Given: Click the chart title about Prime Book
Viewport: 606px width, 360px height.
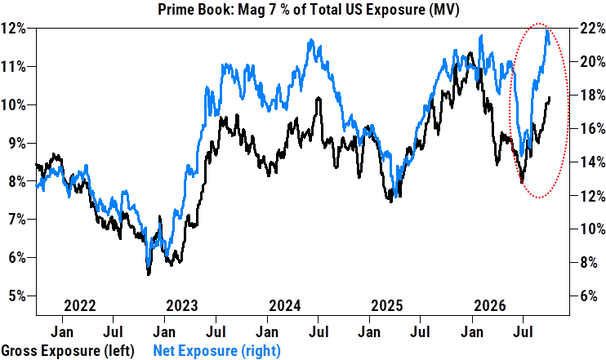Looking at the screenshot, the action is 309,9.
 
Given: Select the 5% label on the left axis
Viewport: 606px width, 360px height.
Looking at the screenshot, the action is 16,296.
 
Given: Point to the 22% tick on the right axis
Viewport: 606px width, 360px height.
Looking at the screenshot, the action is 592,29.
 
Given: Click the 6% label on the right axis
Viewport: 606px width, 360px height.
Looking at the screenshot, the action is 590,296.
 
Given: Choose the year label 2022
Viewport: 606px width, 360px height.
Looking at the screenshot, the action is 79,306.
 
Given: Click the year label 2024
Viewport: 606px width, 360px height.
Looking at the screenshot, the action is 285,306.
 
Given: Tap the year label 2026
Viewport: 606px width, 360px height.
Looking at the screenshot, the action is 490,306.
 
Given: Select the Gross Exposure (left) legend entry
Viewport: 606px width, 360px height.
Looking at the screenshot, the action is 68,351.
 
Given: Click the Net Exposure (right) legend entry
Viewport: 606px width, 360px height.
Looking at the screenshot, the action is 216,351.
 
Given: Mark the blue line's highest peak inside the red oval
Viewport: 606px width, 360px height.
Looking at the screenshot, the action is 547,30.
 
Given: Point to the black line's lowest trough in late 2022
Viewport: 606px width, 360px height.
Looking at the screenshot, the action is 149,273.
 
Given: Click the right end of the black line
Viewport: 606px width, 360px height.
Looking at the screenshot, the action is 550,98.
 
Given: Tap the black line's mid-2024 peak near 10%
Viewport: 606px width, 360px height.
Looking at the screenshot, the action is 318,99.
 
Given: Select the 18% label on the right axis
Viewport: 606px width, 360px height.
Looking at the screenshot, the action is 592,95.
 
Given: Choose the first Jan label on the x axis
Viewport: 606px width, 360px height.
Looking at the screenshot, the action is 62,331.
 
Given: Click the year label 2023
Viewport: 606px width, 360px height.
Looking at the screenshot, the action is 181,306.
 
